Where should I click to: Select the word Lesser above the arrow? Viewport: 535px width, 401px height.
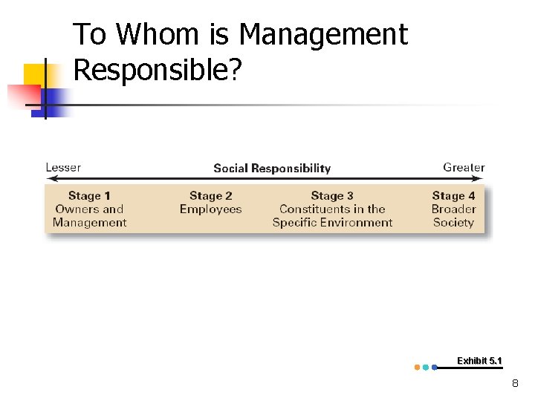[x=63, y=167]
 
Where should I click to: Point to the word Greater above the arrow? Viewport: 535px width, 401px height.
[x=464, y=167]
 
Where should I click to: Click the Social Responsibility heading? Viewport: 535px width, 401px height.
[x=272, y=168]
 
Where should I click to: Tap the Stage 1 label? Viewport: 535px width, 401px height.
[x=89, y=196]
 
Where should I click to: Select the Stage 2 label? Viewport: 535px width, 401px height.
[x=210, y=196]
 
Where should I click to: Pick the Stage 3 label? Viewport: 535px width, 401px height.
[x=332, y=196]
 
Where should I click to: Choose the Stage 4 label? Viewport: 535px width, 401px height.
[x=453, y=196]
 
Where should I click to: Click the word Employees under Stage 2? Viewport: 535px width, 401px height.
[x=210, y=209]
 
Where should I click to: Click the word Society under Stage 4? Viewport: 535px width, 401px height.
[x=453, y=222]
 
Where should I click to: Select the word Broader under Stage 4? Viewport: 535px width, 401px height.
[x=453, y=209]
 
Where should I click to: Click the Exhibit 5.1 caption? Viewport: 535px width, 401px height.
[x=479, y=361]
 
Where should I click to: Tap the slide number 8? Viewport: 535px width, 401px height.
[x=515, y=384]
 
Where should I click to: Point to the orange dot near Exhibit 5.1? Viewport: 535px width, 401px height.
[x=417, y=367]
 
